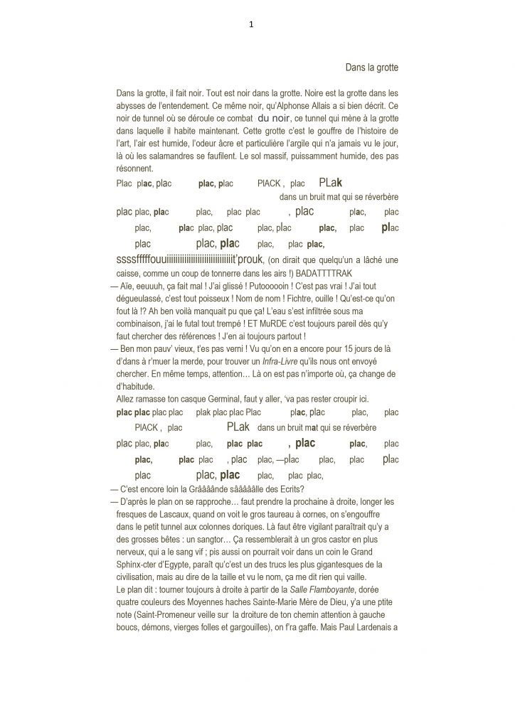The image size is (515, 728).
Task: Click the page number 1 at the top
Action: point(252,23)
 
